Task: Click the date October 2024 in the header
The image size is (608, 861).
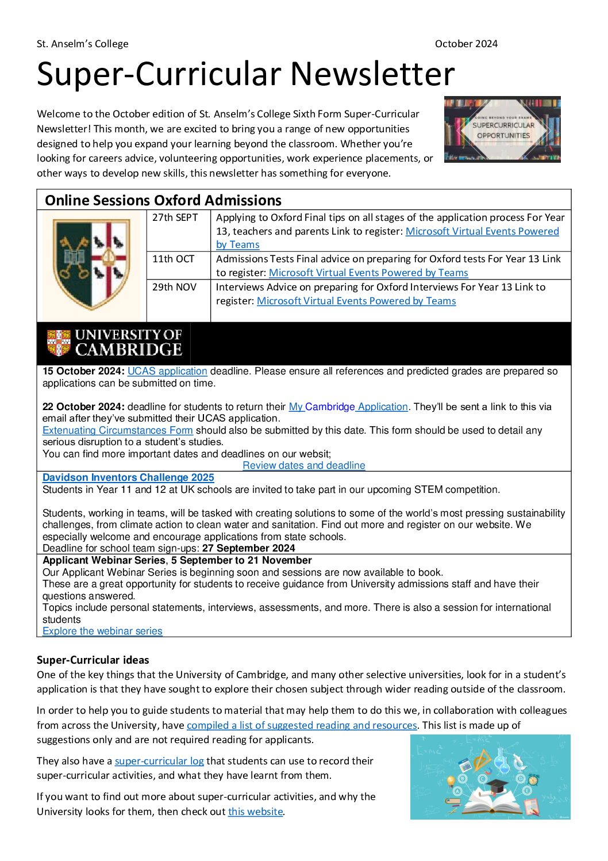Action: point(466,44)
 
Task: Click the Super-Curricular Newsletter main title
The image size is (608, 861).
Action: point(245,74)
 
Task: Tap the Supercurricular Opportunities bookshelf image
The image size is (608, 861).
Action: point(502,129)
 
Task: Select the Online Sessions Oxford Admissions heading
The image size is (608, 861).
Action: point(163,200)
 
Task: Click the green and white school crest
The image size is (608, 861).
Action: point(92,264)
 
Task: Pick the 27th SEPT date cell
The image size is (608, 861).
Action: point(175,217)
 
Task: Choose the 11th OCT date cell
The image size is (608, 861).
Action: point(173,259)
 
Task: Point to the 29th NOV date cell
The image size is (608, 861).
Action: point(174,287)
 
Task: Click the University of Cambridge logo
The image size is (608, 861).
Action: point(114,343)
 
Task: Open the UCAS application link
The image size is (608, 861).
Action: point(167,372)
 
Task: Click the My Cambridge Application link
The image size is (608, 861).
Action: point(348,407)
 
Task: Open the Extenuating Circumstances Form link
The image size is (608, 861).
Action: point(118,430)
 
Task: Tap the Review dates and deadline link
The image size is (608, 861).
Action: point(303,465)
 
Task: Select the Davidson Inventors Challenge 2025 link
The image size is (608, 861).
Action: point(128,477)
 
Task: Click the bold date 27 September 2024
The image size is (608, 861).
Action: point(248,548)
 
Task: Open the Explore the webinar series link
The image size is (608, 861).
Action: point(102,631)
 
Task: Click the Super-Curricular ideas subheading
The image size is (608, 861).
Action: point(93,660)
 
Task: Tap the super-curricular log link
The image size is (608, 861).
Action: point(159,761)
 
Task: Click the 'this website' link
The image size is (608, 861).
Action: point(255,812)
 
